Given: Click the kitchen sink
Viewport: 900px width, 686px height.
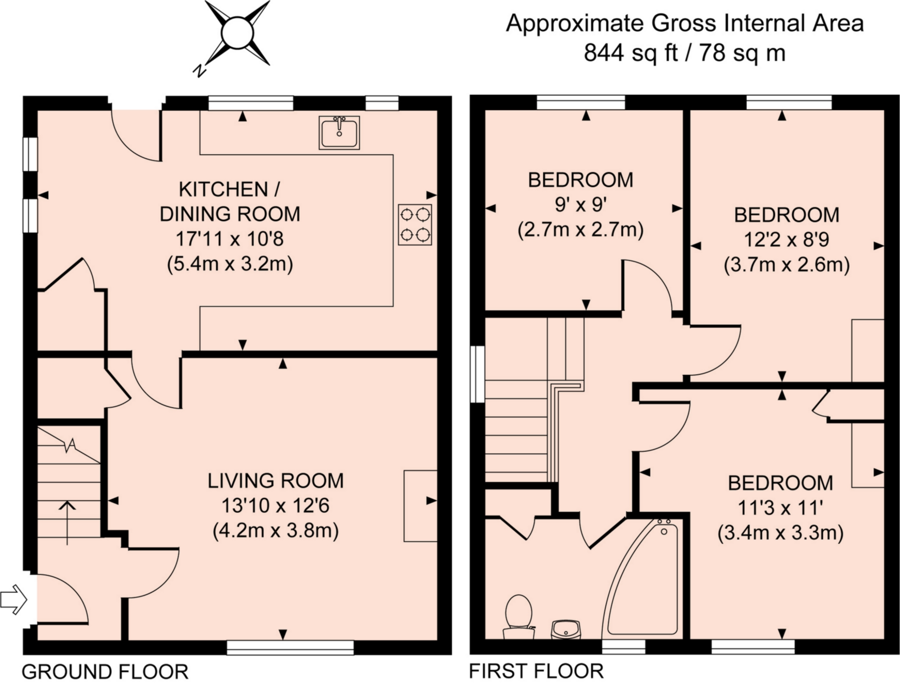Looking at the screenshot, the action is pyautogui.click(x=339, y=132).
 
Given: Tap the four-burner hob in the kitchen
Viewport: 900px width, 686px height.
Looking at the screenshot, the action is pyautogui.click(x=415, y=225).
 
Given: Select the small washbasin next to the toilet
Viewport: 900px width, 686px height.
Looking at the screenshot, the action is pyautogui.click(x=566, y=630).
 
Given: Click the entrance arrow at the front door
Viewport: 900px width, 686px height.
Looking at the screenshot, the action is pyautogui.click(x=14, y=600).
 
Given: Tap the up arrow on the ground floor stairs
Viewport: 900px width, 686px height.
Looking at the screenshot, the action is pyautogui.click(x=68, y=522).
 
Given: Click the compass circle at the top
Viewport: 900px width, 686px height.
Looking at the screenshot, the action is pyautogui.click(x=237, y=32).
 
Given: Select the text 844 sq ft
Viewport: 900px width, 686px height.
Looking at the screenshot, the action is pyautogui.click(x=631, y=53).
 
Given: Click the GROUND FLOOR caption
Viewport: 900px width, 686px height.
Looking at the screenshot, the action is pyautogui.click(x=105, y=671).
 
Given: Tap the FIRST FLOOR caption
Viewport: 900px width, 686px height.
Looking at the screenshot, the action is pyautogui.click(x=536, y=671).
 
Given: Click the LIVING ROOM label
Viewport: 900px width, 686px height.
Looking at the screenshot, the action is pyautogui.click(x=276, y=481).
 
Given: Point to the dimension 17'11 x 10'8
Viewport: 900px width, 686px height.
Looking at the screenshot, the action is pyautogui.click(x=230, y=239).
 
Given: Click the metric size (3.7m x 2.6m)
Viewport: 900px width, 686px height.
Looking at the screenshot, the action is pyautogui.click(x=787, y=265).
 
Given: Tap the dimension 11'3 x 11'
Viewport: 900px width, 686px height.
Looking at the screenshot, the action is pyautogui.click(x=780, y=508).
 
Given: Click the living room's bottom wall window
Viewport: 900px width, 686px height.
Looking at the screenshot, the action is pyautogui.click(x=290, y=647).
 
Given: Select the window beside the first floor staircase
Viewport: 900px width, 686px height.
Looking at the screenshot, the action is pyautogui.click(x=477, y=374).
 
